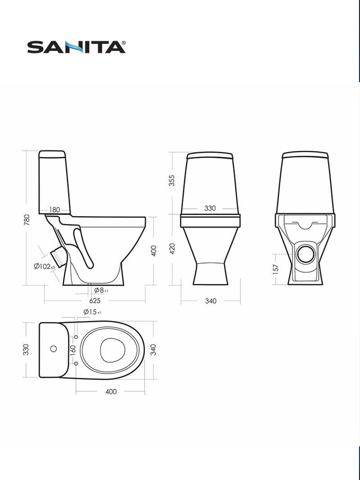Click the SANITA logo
pos(76,47)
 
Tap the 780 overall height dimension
pos(27,220)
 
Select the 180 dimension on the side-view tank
pos(54,210)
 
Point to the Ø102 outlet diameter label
pos(45,266)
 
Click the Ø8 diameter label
pos(101,290)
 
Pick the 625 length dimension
pos(95,301)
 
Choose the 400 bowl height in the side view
pos(154,251)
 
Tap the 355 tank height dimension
pos(172,180)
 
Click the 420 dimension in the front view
pos(172,249)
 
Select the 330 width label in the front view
pos(210,208)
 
